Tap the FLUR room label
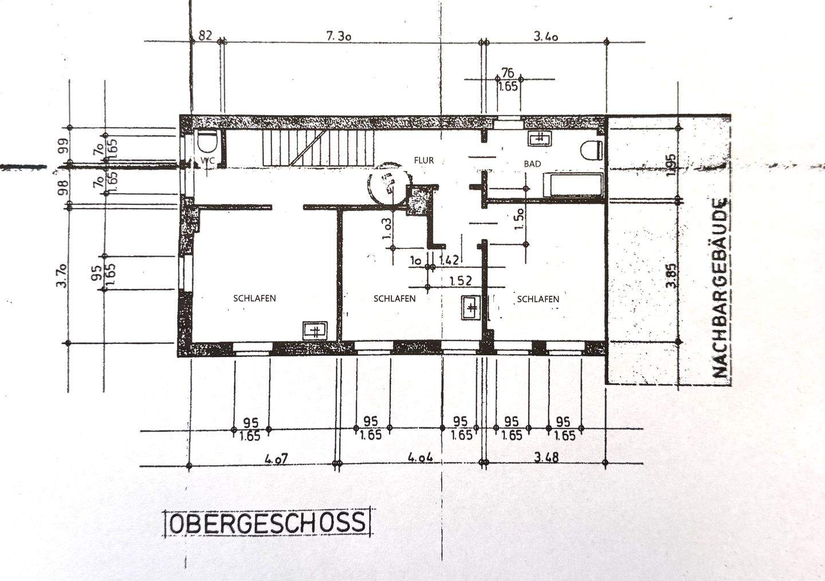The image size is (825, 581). pyautogui.click(x=424, y=160)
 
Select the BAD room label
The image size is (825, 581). pyautogui.click(x=532, y=164)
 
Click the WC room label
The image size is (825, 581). pyautogui.click(x=207, y=161)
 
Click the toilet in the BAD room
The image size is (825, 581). pyautogui.click(x=591, y=150)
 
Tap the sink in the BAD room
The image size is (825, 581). pyautogui.click(x=539, y=138)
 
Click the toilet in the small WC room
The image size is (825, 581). pyautogui.click(x=205, y=141)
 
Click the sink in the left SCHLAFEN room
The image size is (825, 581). pyautogui.click(x=315, y=331)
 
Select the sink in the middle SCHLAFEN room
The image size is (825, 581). pyautogui.click(x=472, y=308)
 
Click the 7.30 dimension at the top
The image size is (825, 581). pyautogui.click(x=338, y=36)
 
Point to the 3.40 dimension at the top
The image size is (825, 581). pyautogui.click(x=545, y=37)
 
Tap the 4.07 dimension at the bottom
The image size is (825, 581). pyautogui.click(x=276, y=459)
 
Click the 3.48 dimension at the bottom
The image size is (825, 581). pyautogui.click(x=545, y=458)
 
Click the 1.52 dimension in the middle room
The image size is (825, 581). pyautogui.click(x=460, y=281)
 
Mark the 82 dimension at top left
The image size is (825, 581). pyautogui.click(x=205, y=36)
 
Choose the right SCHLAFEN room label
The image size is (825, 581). pyautogui.click(x=538, y=299)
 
